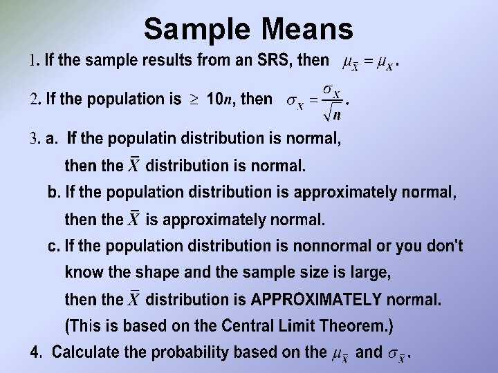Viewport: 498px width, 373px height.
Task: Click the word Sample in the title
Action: (x=196, y=29)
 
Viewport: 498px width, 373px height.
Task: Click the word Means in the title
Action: (x=307, y=29)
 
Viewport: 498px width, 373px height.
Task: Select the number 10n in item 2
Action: (x=219, y=99)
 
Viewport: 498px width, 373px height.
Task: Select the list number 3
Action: (x=34, y=139)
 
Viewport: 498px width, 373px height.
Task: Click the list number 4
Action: (x=35, y=352)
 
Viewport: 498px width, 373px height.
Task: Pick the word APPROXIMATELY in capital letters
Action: (x=316, y=300)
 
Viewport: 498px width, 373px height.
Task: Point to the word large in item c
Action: (x=372, y=272)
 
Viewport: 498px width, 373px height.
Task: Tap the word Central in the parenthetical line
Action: (x=248, y=325)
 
